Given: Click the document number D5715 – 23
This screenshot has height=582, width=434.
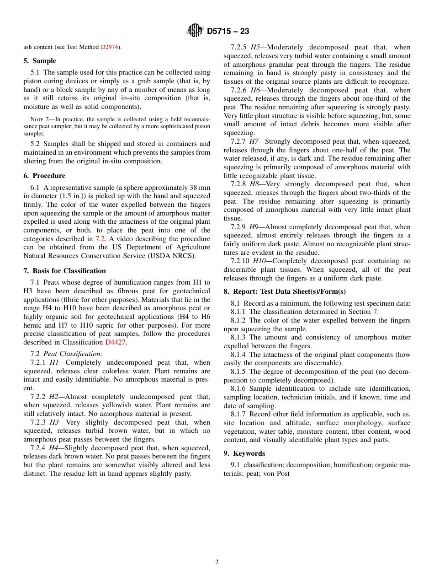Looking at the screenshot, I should coord(228,32).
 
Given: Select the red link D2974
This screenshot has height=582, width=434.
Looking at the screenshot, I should coord(110,47).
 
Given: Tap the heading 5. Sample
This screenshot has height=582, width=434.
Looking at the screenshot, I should coord(40,61).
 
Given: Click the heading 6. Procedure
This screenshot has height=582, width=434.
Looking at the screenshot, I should coord(44,176).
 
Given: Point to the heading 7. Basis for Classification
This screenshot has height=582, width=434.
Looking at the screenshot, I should coord(64,271).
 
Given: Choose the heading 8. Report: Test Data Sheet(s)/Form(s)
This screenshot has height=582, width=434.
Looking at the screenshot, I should coord(285,291).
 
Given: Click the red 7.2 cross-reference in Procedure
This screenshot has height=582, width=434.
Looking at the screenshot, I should coord(100,239).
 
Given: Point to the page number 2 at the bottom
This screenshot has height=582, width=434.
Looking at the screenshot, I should coord(217,562).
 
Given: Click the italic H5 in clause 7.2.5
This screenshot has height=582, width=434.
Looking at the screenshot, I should coord(255,47).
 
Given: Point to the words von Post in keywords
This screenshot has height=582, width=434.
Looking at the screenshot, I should coord(277,474).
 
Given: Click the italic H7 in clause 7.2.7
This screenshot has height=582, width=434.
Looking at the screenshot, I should coord(254,141).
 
